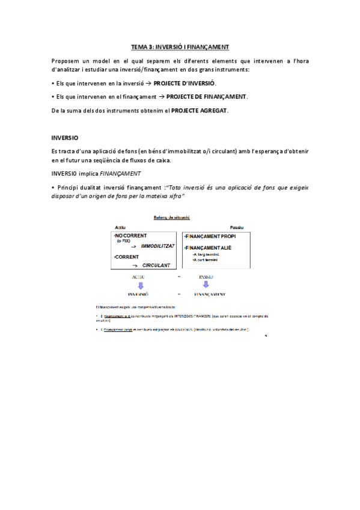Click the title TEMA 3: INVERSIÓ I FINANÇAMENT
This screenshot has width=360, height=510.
coord(180,46)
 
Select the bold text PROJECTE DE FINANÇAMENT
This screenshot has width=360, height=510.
coord(206,96)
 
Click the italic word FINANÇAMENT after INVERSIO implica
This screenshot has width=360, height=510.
coord(120,174)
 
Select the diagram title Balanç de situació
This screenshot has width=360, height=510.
coord(170,217)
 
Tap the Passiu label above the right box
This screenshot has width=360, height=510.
coord(237,227)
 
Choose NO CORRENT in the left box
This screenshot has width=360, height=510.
coord(132,236)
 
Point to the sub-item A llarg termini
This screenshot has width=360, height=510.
coord(205,254)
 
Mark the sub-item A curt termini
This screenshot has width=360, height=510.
coord(204,260)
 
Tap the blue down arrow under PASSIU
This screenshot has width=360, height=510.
coord(206,285)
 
